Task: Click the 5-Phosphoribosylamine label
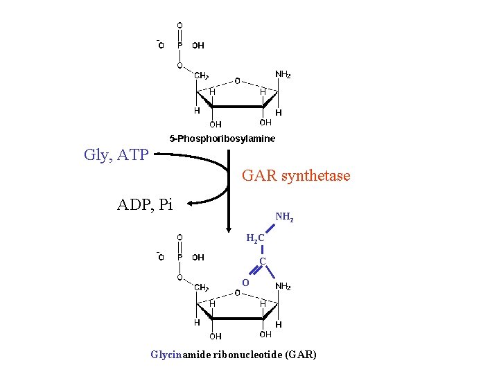(x=222, y=139)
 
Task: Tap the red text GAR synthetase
(x=296, y=176)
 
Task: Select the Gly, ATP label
(x=116, y=154)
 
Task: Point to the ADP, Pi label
(x=145, y=204)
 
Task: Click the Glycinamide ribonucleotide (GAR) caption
(x=234, y=355)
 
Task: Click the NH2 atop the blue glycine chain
(x=284, y=217)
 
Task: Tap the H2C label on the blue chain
(x=255, y=239)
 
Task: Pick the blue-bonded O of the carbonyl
(x=245, y=282)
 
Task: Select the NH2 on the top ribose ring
(x=283, y=74)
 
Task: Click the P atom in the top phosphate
(x=180, y=46)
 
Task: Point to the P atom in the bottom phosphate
(x=180, y=258)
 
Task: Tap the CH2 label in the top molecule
(x=202, y=75)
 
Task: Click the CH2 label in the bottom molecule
(x=202, y=287)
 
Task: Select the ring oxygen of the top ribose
(x=237, y=81)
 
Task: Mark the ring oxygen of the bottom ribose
(x=237, y=293)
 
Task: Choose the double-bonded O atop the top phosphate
(x=180, y=26)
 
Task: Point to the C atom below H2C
(x=263, y=261)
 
